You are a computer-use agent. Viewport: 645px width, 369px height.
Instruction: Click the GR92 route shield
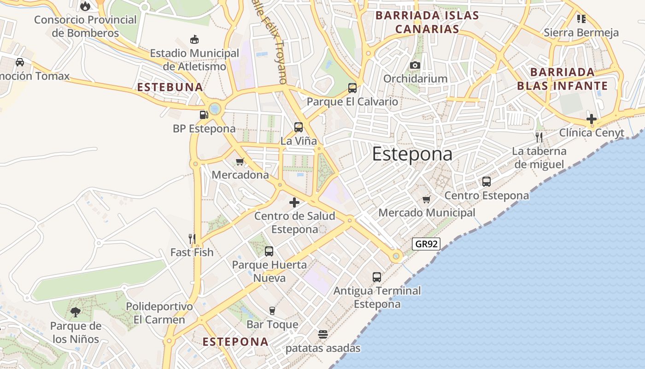(426, 244)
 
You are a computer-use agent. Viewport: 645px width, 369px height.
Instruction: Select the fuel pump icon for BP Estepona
(204, 114)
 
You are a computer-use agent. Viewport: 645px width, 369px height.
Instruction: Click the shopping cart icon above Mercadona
(240, 161)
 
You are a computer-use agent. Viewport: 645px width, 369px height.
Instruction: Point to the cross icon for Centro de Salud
(294, 202)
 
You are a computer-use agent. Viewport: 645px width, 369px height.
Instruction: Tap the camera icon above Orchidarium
(415, 65)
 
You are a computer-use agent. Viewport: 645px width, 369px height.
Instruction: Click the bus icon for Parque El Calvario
(352, 88)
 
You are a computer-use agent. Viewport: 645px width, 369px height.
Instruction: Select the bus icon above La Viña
(299, 127)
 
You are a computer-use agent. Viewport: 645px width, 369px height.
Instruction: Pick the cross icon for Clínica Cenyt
(592, 119)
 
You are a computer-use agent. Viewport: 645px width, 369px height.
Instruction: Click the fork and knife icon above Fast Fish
(192, 238)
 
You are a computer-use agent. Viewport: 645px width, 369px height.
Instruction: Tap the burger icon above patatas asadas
(323, 334)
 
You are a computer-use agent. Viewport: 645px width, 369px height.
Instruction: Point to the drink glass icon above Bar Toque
(272, 311)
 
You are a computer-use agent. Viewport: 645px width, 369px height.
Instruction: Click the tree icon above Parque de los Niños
(75, 312)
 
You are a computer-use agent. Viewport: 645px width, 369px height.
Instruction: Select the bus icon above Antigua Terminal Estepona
(377, 277)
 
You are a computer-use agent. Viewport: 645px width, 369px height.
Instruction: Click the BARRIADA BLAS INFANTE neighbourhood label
(562, 79)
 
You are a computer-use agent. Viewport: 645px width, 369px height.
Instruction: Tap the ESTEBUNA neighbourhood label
(170, 87)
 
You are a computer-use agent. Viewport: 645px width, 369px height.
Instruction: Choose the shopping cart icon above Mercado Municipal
(427, 199)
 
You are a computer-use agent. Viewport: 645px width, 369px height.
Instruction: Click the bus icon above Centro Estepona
(487, 182)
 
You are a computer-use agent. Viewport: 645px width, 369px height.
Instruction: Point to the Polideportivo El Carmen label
(159, 313)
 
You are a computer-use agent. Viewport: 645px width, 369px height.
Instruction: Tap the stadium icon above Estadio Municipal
(194, 40)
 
